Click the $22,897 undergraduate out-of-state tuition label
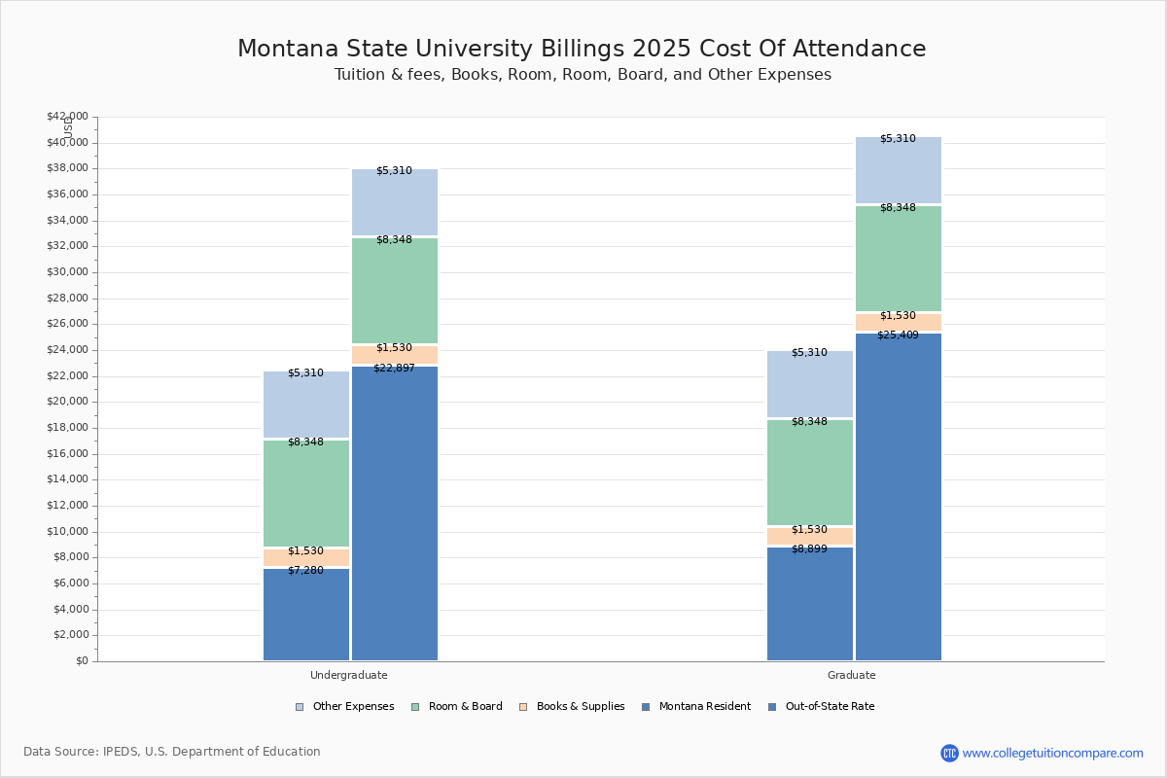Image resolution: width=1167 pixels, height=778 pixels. [x=394, y=368]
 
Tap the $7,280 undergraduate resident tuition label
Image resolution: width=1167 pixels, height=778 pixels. [x=305, y=570]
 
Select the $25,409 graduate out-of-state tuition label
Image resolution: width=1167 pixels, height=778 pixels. [x=898, y=335]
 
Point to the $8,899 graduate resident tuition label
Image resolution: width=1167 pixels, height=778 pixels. [x=809, y=548]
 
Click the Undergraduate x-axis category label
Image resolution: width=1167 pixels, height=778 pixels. [x=349, y=675]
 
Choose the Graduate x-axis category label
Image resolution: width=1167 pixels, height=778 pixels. [x=852, y=675]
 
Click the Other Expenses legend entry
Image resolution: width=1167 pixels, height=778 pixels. [x=353, y=707]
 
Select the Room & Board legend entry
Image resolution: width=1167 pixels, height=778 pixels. [x=465, y=707]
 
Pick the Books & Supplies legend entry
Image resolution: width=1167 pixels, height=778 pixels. [x=580, y=707]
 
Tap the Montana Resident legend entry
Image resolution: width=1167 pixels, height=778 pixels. [x=704, y=707]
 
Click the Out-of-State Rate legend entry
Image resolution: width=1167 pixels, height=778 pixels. [x=829, y=707]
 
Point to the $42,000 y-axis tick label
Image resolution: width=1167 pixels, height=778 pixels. [x=67, y=117]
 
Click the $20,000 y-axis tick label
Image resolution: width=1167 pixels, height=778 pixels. [x=67, y=402]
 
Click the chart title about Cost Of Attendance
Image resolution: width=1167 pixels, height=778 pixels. [x=582, y=49]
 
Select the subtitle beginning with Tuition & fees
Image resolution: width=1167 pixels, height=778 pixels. [x=583, y=75]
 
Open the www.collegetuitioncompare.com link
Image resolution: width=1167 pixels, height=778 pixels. [x=1052, y=753]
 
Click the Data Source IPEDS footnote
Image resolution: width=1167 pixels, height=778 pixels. [x=172, y=752]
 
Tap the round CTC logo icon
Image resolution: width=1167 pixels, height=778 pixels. [x=949, y=753]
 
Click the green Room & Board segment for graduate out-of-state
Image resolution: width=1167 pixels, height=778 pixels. [x=899, y=259]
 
